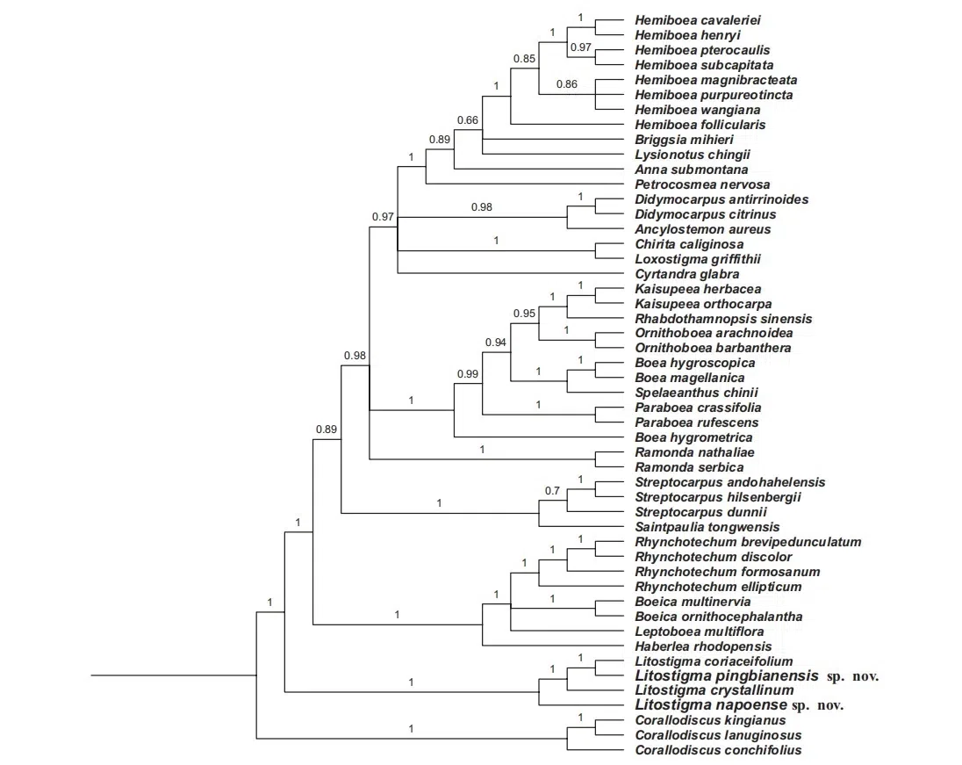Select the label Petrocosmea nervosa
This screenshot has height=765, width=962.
click(x=702, y=184)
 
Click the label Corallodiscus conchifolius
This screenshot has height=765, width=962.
click(x=717, y=750)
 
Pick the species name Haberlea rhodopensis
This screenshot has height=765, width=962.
click(x=702, y=646)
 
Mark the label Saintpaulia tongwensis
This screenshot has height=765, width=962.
click(x=707, y=527)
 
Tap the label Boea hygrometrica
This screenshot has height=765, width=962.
click(x=693, y=437)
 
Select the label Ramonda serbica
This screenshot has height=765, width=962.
click(x=689, y=467)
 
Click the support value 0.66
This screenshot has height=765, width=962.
click(x=468, y=119)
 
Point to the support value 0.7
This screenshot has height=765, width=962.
click(x=551, y=490)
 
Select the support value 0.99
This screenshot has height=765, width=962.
click(x=468, y=374)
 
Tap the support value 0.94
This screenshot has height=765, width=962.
click(x=496, y=342)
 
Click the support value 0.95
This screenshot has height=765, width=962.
click(x=524, y=313)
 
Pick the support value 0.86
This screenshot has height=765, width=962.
click(x=566, y=85)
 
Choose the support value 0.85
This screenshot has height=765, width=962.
click(x=524, y=59)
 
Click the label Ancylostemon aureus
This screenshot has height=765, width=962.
click(x=702, y=229)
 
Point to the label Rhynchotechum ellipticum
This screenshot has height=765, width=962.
click(x=717, y=587)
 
